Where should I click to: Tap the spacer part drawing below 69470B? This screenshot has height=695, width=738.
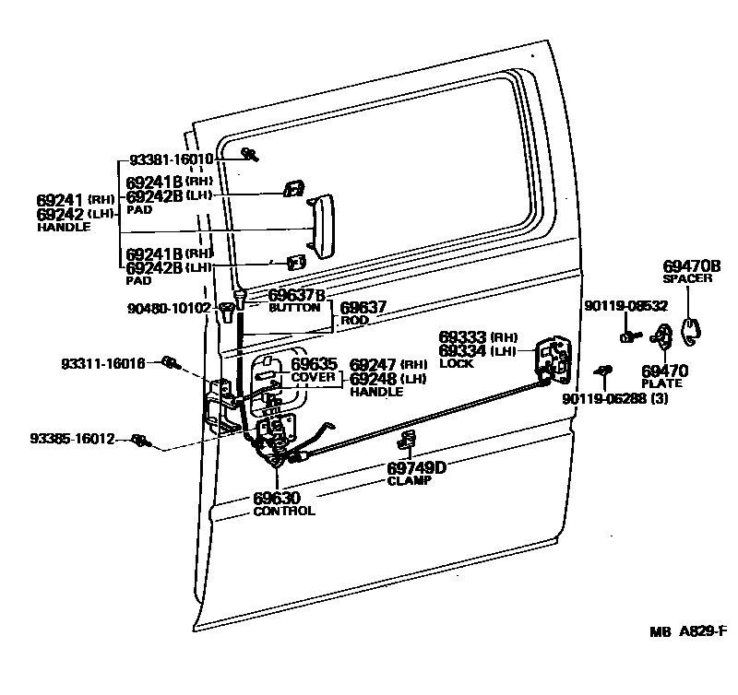689,326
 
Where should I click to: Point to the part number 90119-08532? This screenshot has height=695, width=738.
625,306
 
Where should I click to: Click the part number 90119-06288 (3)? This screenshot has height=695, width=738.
613,398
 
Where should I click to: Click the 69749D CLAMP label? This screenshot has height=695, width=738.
416,472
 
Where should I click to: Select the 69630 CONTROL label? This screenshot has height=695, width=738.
284,504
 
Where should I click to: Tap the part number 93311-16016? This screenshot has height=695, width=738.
103,364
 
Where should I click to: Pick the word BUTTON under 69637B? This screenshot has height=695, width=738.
293,307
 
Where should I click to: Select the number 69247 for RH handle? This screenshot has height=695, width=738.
374,365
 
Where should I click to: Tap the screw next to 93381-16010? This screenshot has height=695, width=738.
247,154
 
